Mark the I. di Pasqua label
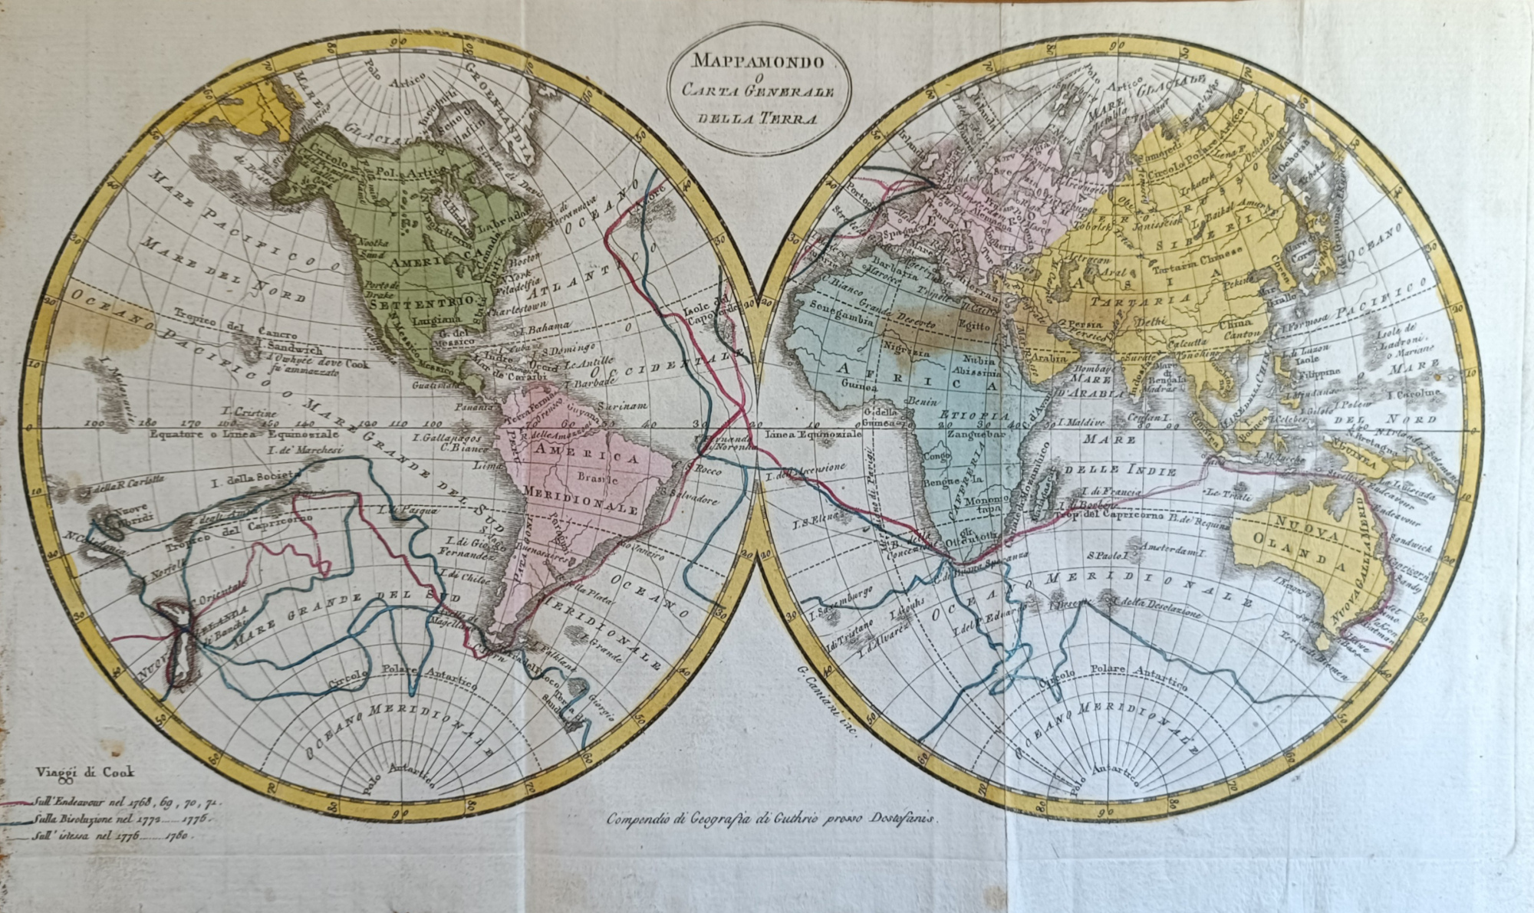397,509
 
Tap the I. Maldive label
1081,422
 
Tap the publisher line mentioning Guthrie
770,819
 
